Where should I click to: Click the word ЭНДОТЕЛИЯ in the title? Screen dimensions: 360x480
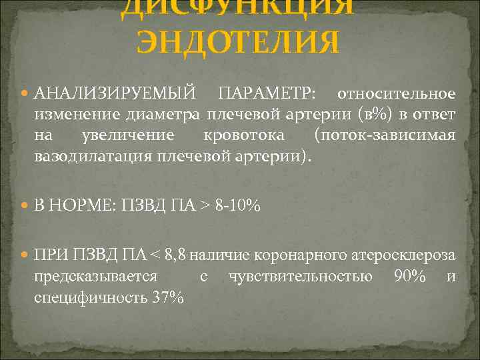(238, 44)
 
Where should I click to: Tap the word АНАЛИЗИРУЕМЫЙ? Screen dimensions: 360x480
(115, 92)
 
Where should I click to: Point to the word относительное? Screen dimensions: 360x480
(396, 92)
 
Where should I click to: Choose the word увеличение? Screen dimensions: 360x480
(127, 136)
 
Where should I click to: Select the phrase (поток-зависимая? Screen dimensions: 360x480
(385, 136)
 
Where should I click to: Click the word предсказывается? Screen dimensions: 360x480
(95, 277)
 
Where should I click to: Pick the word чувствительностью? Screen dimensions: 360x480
(300, 277)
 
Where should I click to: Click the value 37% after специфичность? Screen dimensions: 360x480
(167, 298)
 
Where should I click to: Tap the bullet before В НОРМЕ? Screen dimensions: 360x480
(26, 207)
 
